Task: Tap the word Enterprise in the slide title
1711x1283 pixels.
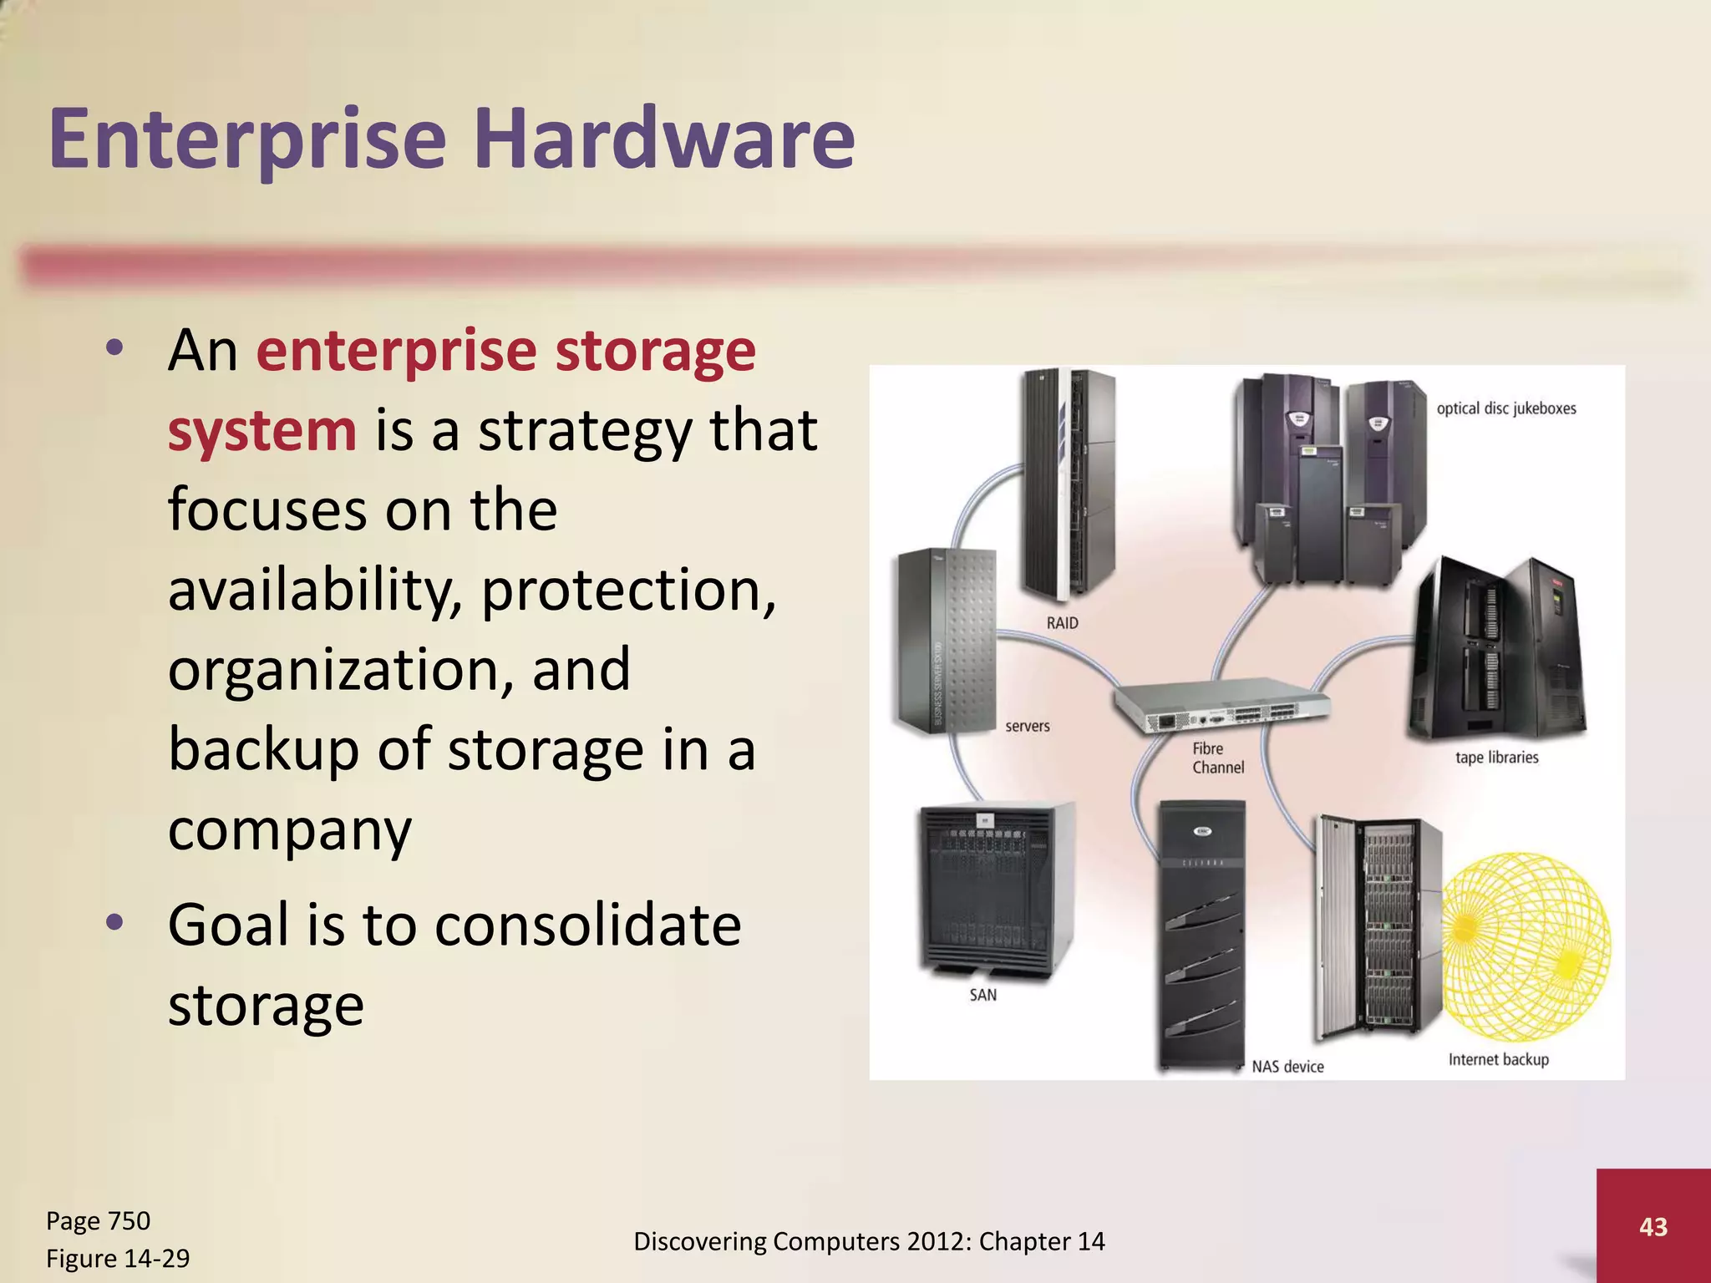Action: point(248,138)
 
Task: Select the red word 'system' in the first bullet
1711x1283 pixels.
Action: point(261,430)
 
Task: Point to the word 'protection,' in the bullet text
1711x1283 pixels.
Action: point(628,590)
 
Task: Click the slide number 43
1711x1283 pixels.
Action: point(1653,1226)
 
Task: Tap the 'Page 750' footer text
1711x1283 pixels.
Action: point(98,1220)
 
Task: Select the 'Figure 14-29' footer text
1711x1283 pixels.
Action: point(118,1258)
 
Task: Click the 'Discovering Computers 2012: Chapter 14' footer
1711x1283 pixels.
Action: point(869,1241)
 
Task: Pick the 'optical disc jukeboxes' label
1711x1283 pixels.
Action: point(1505,408)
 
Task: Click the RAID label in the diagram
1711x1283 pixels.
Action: point(1062,623)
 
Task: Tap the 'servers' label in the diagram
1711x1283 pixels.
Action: point(1027,726)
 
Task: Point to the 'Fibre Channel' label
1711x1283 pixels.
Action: point(1217,758)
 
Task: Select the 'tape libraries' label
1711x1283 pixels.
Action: point(1496,758)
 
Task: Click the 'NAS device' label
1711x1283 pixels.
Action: point(1287,1067)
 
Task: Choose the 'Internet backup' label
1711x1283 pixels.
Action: point(1498,1059)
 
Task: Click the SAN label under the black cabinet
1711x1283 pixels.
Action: point(982,995)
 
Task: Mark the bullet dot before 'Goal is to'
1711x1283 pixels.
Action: point(115,922)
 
